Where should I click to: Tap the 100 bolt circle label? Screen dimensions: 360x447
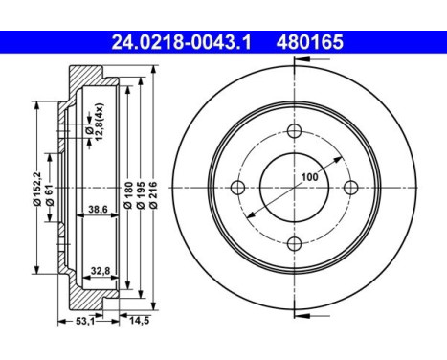(309, 177)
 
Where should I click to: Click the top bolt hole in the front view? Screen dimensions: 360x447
(294, 131)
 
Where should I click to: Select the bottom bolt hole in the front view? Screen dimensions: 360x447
(294, 242)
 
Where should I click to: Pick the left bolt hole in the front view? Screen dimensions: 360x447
(238, 187)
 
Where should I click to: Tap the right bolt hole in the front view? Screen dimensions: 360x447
(349, 187)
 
